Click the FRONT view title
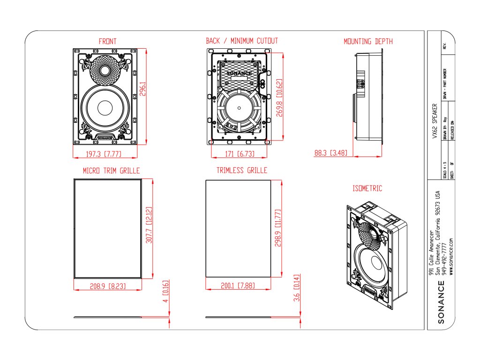pyautogui.click(x=107, y=41)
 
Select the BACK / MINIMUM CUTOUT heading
pyautogui.click(x=242, y=41)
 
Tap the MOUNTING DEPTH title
pyautogui.click(x=368, y=41)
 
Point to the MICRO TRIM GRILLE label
pyautogui.click(x=111, y=171)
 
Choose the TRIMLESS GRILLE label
pyautogui.click(x=242, y=171)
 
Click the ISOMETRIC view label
pyautogui.click(x=367, y=188)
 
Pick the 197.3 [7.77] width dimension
pyautogui.click(x=106, y=154)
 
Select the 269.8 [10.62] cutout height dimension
pyautogui.click(x=280, y=98)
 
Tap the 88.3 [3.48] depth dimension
pyautogui.click(x=330, y=153)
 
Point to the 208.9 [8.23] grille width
pyautogui.click(x=108, y=285)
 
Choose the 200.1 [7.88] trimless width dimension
pyautogui.click(x=239, y=285)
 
